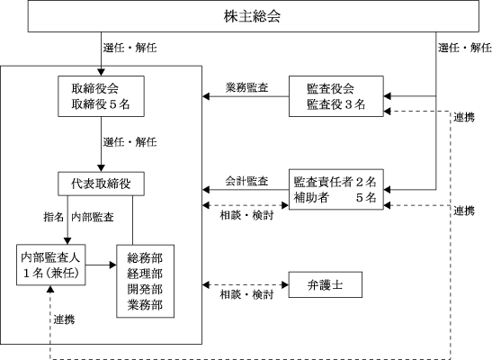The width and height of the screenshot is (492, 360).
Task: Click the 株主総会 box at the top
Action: tap(254, 16)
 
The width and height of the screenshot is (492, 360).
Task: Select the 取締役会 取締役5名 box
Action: tap(101, 96)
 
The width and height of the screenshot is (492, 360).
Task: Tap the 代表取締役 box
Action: tap(101, 184)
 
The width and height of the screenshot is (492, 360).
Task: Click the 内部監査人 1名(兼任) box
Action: tap(51, 265)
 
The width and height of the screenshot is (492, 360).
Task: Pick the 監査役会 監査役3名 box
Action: tap(336, 96)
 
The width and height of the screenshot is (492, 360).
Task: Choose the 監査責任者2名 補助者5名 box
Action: tap(336, 189)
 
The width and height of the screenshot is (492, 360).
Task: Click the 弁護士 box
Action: tap(326, 284)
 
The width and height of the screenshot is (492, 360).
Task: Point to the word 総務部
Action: tap(145, 258)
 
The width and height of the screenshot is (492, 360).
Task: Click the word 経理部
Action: tap(145, 274)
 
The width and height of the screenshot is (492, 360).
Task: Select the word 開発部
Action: tap(145, 289)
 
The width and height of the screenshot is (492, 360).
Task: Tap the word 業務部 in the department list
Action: tap(145, 304)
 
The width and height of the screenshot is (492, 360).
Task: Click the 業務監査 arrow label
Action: tap(247, 87)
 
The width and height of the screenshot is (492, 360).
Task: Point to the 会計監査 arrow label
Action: tap(247, 181)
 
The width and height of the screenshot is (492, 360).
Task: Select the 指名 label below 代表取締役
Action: tap(54, 217)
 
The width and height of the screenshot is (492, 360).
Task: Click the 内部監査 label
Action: tap(93, 217)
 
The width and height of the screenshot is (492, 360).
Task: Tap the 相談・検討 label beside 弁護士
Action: tap(247, 294)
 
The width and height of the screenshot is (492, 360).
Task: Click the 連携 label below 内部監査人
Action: tap(65, 319)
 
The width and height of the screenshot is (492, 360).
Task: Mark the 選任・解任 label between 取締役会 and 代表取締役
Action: tap(130, 142)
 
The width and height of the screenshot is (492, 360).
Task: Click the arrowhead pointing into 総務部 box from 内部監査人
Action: tap(113, 265)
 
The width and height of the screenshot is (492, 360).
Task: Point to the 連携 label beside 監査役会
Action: tap(464, 117)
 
